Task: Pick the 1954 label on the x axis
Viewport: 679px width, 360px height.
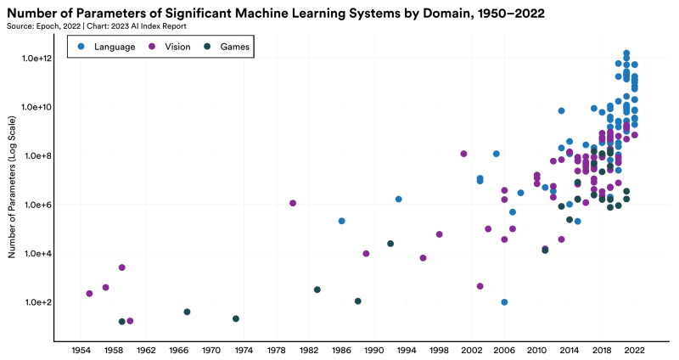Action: pyautogui.click(x=81, y=351)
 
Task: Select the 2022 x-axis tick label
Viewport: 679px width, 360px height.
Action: pyautogui.click(x=635, y=351)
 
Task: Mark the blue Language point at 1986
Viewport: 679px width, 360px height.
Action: pyautogui.click(x=341, y=221)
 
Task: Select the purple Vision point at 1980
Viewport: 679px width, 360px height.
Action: pyautogui.click(x=293, y=203)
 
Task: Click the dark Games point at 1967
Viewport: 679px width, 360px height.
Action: pyautogui.click(x=187, y=312)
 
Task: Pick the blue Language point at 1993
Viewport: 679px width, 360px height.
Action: pyautogui.click(x=398, y=199)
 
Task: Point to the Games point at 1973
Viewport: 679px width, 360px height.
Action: pyautogui.click(x=236, y=318)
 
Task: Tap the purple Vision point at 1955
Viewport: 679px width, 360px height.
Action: pyautogui.click(x=89, y=294)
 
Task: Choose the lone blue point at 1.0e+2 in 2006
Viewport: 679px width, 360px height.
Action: pyautogui.click(x=504, y=302)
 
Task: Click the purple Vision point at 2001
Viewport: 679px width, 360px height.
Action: pyautogui.click(x=463, y=154)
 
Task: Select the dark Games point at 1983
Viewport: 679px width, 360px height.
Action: pyautogui.click(x=317, y=290)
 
